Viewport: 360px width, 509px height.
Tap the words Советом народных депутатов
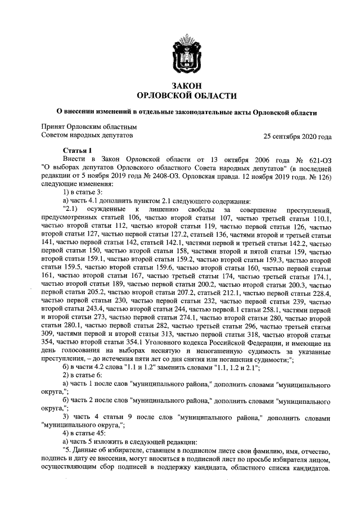(87, 136)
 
